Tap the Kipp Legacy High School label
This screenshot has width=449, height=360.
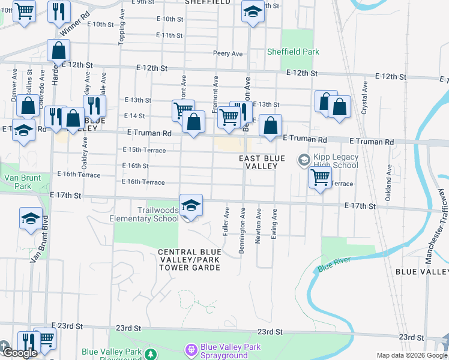tap(336, 161)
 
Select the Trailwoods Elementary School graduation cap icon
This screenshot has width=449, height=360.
tap(191, 206)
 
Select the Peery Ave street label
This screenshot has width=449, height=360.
tap(228, 53)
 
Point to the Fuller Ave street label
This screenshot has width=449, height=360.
tap(226, 221)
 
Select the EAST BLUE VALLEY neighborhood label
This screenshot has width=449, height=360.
tap(258, 162)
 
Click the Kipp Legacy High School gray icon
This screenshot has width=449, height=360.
tap(304, 160)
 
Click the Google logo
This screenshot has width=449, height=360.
tap(19, 353)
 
